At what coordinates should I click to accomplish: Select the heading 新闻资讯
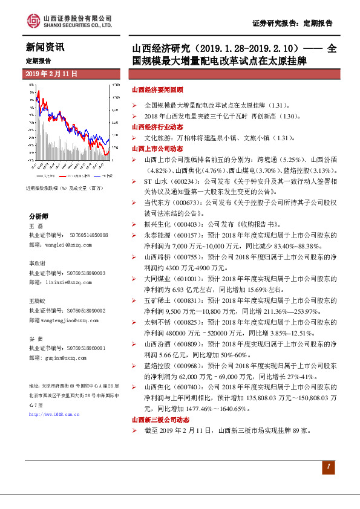click(x=45, y=47)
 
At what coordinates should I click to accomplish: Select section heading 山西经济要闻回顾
click(x=158, y=89)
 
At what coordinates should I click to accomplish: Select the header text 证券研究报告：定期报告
click(x=293, y=24)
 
